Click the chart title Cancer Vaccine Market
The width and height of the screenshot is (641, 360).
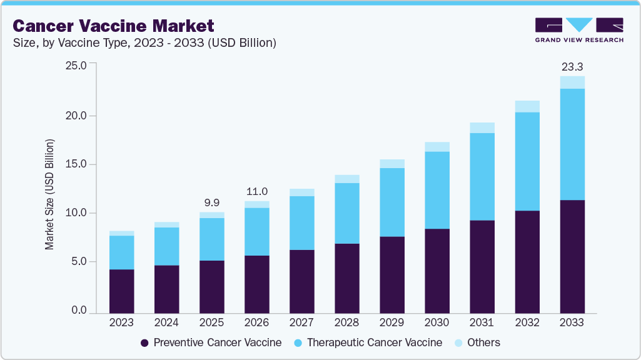(x=113, y=26)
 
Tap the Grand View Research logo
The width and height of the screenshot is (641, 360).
(x=579, y=30)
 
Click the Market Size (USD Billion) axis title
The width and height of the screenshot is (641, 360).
(x=49, y=194)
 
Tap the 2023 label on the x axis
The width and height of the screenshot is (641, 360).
(x=121, y=322)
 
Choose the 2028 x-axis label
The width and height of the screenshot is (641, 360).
(x=346, y=322)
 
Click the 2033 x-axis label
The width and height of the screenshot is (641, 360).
(x=572, y=322)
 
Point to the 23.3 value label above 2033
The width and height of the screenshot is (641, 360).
(x=572, y=66)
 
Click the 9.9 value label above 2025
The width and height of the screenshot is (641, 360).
(x=211, y=202)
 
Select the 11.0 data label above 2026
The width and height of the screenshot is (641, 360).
(x=256, y=191)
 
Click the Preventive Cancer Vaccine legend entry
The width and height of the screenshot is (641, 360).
(x=211, y=342)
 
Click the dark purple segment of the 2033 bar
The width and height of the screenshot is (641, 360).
(x=572, y=256)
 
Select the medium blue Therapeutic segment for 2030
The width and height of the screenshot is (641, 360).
(x=437, y=190)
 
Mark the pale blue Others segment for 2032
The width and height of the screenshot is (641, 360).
(x=527, y=106)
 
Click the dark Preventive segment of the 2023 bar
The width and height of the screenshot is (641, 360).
(x=121, y=291)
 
